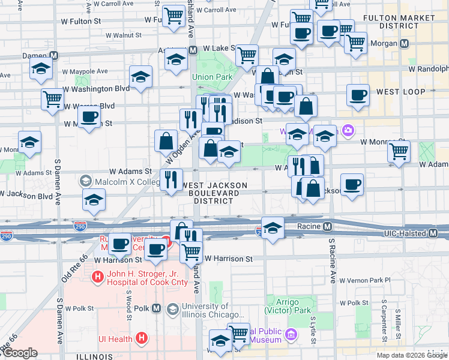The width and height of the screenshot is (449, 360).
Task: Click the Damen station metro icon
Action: coord(54,55)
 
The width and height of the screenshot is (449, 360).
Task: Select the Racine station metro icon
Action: coord(327,227)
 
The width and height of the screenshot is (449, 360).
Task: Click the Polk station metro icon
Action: coord(156,308)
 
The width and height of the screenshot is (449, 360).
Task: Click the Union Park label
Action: coord(211,77)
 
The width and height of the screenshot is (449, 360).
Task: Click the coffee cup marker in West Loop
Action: coord(358,95)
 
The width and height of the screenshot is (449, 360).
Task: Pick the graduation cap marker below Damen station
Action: coord(41,69)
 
